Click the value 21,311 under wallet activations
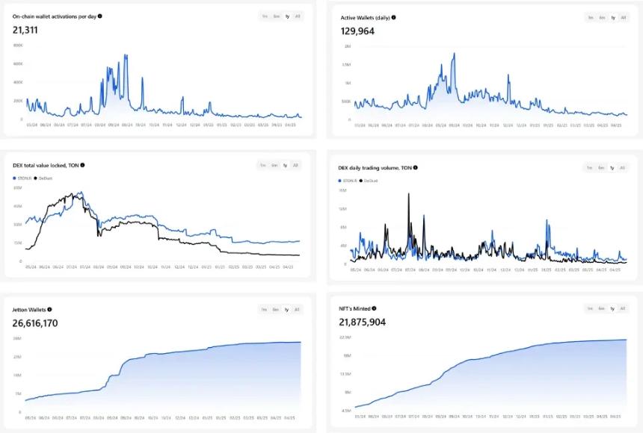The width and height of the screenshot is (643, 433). click(25, 30)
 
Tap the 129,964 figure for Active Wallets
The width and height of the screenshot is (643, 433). click(358, 31)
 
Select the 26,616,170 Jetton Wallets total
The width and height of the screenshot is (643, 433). click(35, 323)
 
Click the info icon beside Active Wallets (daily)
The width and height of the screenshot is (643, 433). click(394, 17)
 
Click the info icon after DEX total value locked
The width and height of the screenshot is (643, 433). click(82, 165)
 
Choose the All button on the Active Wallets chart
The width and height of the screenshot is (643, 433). click(623, 17)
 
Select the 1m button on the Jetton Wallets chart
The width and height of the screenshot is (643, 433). click(263, 309)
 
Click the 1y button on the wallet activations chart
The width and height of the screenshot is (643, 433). click(287, 16)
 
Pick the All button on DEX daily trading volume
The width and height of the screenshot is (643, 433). click(623, 167)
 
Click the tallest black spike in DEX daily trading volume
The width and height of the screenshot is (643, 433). click(408, 194)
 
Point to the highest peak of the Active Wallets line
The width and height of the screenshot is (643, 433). click(454, 54)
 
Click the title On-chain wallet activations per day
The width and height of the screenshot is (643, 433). click(55, 16)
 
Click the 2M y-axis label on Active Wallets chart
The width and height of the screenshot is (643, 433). click(348, 46)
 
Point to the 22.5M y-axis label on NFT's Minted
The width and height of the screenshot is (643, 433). click(346, 337)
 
